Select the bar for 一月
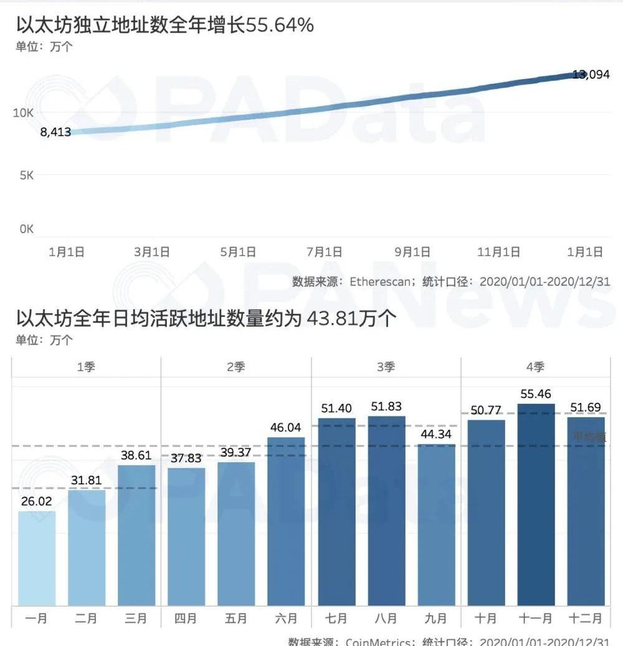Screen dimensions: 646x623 pyautogui.click(x=37, y=557)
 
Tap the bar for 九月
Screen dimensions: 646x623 pyautogui.click(x=436, y=524)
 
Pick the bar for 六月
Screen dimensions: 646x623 pyautogui.click(x=286, y=521)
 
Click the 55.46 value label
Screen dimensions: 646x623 pyautogui.click(x=536, y=393)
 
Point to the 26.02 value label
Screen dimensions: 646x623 pyautogui.click(x=37, y=501)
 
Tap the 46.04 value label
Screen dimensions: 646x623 pyautogui.click(x=286, y=427)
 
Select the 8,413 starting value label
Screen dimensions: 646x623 pyautogui.click(x=55, y=132)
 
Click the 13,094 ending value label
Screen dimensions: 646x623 pyautogui.click(x=591, y=75)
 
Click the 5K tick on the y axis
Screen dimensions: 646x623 pyautogui.click(x=26, y=175)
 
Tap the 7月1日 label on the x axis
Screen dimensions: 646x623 pyautogui.click(x=325, y=252)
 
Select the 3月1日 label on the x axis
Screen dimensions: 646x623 pyautogui.click(x=152, y=252)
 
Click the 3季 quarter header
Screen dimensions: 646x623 pyautogui.click(x=386, y=367)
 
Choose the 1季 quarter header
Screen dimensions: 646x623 pyautogui.click(x=86, y=367)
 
